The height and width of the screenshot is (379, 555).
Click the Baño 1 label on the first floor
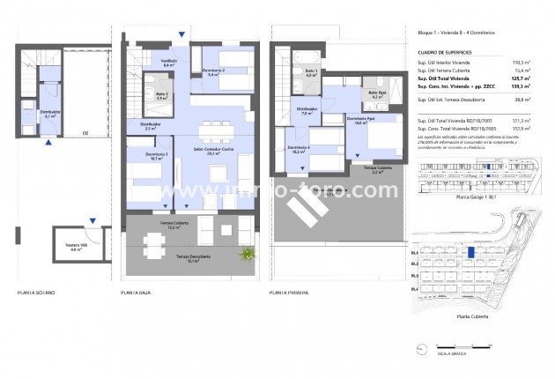311,71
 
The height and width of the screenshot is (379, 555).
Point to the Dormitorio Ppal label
356,121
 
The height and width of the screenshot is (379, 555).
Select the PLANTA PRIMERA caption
293,291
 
